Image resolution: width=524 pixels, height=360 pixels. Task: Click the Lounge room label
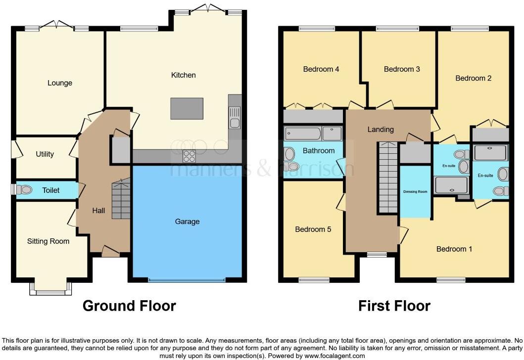click(x=60, y=83)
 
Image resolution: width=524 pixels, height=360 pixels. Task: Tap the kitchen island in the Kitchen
click(x=187, y=108)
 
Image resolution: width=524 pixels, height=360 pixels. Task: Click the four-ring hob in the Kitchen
click(x=190, y=156)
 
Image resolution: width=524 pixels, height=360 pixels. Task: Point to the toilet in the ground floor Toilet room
click(x=25, y=190)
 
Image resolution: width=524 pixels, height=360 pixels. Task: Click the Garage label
click(x=187, y=222)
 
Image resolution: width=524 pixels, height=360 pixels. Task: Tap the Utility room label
click(x=45, y=154)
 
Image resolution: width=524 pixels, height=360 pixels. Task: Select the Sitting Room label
click(x=48, y=241)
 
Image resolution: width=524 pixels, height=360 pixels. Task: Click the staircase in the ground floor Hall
click(x=120, y=199)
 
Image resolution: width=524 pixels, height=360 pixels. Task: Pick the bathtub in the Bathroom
click(x=302, y=134)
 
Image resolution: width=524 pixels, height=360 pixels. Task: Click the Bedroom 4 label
click(x=321, y=69)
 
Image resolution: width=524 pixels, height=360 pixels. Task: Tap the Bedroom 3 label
click(x=402, y=69)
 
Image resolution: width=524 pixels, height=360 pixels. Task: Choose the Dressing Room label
click(x=415, y=192)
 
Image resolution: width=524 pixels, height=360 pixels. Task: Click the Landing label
click(x=381, y=130)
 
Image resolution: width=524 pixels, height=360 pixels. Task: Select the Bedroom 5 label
click(x=313, y=229)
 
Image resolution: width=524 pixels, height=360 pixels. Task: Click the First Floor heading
click(x=394, y=306)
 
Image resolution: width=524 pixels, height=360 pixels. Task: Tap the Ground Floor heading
click(x=129, y=306)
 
